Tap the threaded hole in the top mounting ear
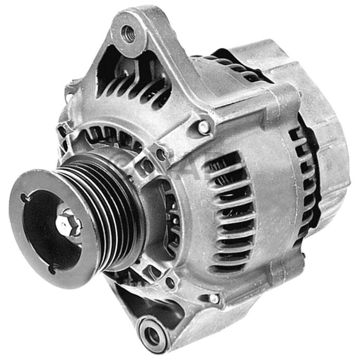[126, 33]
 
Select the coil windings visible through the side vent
[226, 216]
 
